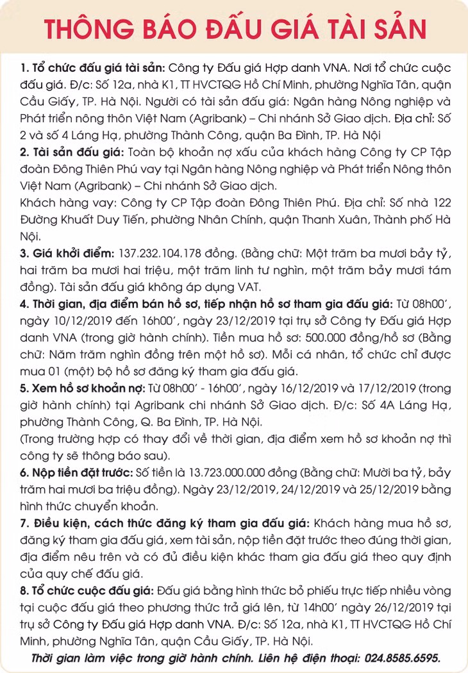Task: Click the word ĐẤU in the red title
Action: point(215,29)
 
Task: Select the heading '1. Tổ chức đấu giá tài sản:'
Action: point(93,67)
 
